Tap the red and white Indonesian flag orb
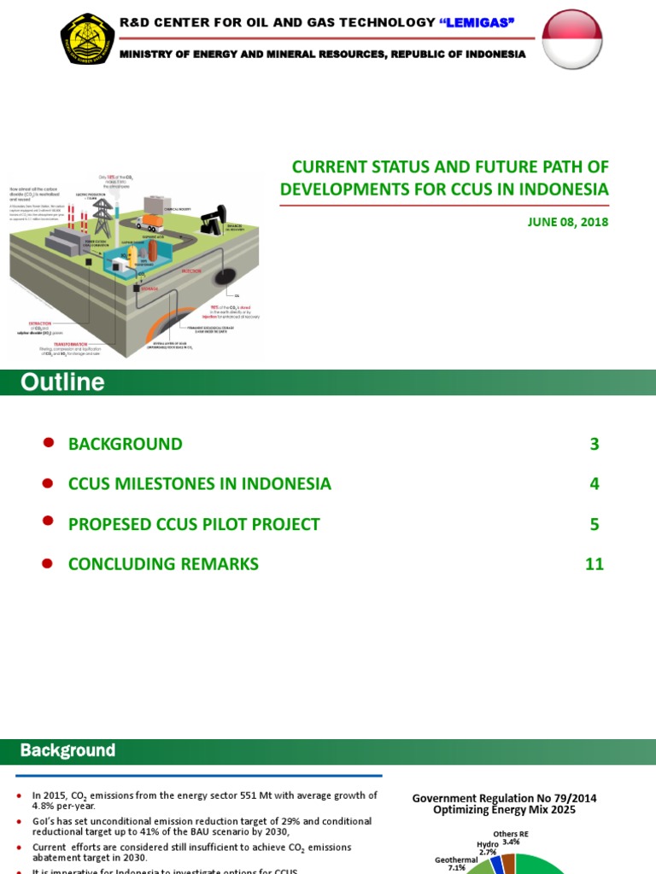point(572,39)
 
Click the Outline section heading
point(63,382)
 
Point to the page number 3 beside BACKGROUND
point(594,444)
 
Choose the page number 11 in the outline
point(594,563)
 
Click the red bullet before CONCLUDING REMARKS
point(49,562)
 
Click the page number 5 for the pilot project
point(594,524)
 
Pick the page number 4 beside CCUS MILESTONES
point(594,484)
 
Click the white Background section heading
point(68,751)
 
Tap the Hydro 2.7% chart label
point(488,848)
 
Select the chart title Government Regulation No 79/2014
point(504,798)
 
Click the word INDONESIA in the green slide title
point(556,189)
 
